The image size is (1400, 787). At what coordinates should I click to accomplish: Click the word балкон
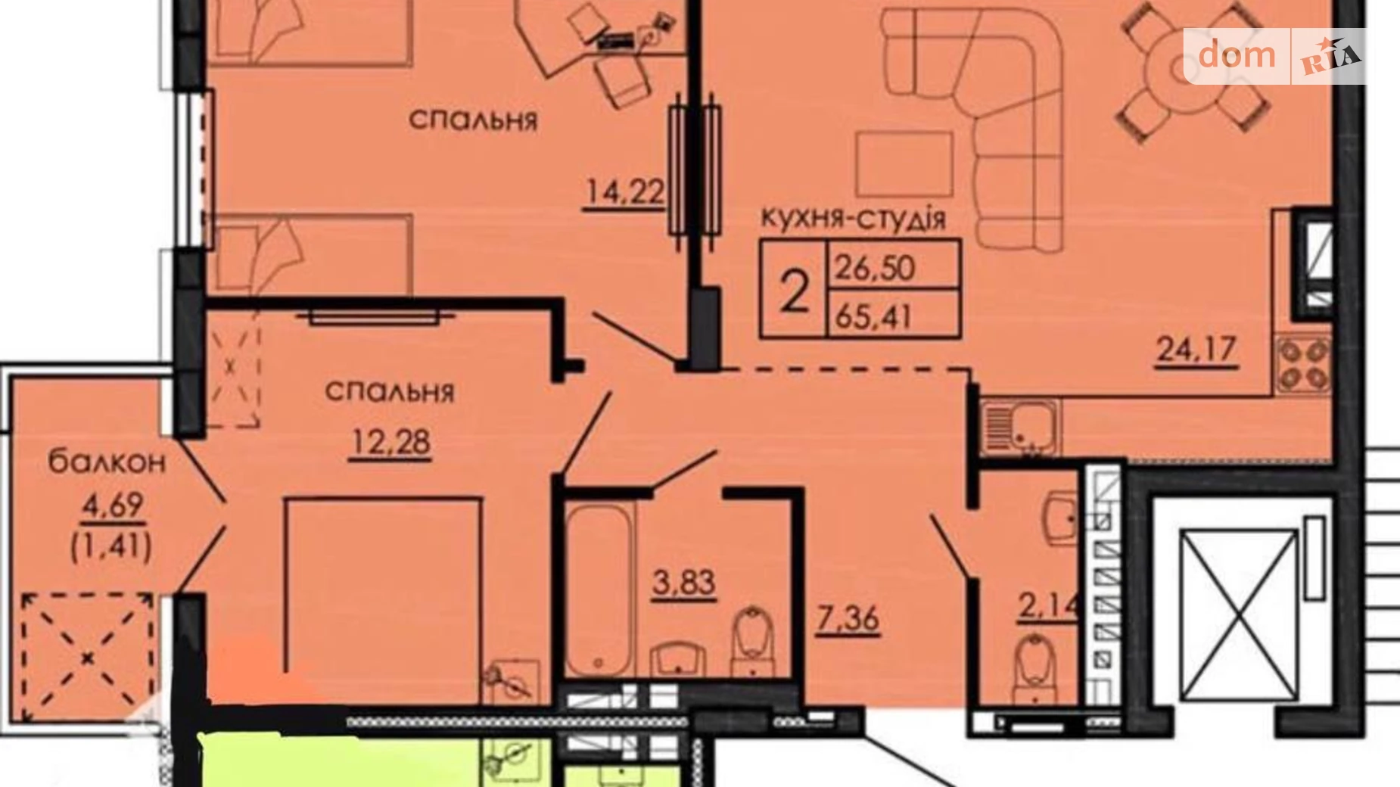click(107, 462)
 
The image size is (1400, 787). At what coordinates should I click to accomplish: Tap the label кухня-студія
click(852, 218)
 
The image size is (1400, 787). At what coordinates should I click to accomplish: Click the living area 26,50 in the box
click(875, 267)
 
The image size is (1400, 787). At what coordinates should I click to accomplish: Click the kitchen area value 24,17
click(1196, 350)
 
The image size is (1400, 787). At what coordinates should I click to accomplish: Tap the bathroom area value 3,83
click(684, 583)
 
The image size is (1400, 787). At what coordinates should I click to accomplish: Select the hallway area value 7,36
click(848, 620)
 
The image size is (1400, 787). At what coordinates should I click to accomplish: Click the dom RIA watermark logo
click(1274, 55)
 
